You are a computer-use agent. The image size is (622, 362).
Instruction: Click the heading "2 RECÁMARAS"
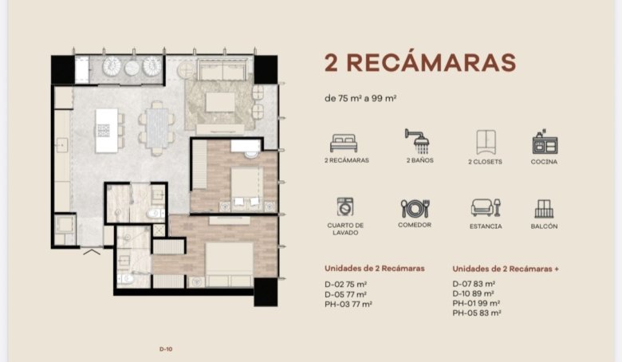[420, 63]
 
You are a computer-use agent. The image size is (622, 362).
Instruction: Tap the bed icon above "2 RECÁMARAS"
[344, 144]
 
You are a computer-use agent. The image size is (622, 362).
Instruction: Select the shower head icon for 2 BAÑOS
[418, 141]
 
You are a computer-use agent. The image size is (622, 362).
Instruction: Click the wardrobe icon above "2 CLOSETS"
[486, 143]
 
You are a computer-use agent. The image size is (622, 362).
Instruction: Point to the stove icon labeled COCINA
[545, 142]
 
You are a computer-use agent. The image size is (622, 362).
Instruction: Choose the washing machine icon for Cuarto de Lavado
[344, 207]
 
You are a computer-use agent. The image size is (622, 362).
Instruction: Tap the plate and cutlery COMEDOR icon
[415, 208]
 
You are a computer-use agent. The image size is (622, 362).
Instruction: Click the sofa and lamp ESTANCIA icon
[486, 207]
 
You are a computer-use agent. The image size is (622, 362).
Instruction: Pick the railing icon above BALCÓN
[544, 209]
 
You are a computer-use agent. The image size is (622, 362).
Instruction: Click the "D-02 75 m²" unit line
[345, 285]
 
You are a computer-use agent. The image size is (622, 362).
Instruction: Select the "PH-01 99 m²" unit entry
[476, 303]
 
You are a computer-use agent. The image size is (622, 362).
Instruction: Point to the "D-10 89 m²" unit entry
[473, 293]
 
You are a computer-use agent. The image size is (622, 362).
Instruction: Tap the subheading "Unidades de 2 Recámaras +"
[506, 269]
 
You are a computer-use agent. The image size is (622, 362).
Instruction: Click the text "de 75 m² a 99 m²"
[360, 98]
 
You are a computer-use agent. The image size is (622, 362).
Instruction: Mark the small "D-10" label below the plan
[166, 349]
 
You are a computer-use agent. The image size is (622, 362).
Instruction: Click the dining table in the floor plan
[157, 128]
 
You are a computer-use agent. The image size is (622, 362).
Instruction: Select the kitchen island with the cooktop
[107, 131]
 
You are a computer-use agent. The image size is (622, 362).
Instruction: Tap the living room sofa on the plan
[222, 69]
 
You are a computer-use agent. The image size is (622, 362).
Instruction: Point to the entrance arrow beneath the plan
[92, 251]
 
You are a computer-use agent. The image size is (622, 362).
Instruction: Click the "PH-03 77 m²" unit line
[348, 305]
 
